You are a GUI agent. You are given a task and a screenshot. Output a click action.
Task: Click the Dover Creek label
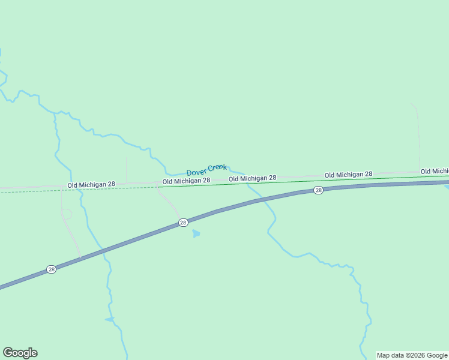point(206,169)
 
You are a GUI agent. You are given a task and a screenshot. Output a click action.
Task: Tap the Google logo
point(20,353)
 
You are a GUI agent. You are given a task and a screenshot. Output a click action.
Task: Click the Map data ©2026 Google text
point(412,355)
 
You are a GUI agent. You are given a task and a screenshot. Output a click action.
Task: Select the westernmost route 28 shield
point(51,269)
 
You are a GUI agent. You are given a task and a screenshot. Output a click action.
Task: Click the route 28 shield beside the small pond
point(183,223)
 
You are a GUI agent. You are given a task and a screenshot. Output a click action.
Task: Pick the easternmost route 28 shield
point(318,190)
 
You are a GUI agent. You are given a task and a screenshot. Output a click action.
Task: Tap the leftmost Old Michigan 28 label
point(91,185)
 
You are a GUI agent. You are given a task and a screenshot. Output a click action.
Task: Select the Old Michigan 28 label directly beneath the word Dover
point(186,181)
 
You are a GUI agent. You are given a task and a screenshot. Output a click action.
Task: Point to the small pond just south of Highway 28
point(196,233)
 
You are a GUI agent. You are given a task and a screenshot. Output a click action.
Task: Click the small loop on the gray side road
point(66,214)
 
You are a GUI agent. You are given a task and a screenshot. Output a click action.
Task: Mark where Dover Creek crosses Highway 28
point(264,200)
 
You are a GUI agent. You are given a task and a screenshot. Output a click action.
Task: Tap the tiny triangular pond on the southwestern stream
point(110,319)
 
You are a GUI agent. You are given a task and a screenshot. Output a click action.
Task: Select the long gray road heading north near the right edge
point(417,138)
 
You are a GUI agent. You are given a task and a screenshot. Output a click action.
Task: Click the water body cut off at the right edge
point(446,187)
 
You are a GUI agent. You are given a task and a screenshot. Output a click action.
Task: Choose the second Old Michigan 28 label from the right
point(348,175)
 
